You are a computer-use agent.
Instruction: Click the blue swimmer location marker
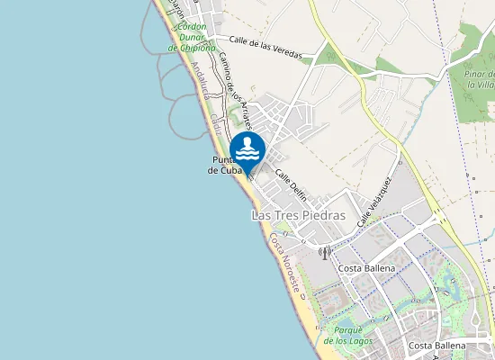click(247, 149)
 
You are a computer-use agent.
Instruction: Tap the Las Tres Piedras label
click(298, 216)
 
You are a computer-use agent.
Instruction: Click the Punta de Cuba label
click(221, 165)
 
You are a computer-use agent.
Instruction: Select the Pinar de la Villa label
click(480, 78)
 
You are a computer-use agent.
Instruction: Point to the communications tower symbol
click(325, 253)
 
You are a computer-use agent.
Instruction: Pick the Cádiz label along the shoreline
click(215, 125)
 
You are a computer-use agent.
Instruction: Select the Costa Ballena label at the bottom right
click(437, 346)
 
